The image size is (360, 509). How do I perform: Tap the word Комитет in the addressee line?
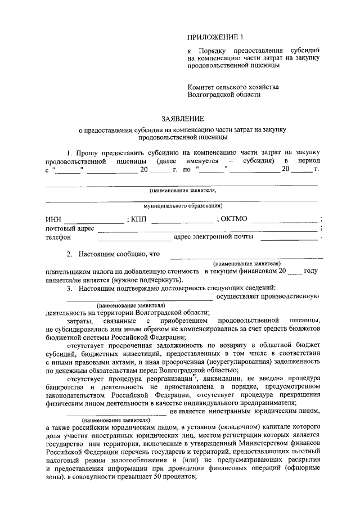202,87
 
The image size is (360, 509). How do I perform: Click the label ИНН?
52,220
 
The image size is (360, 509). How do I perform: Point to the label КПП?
138,220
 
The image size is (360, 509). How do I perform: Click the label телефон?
58,238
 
